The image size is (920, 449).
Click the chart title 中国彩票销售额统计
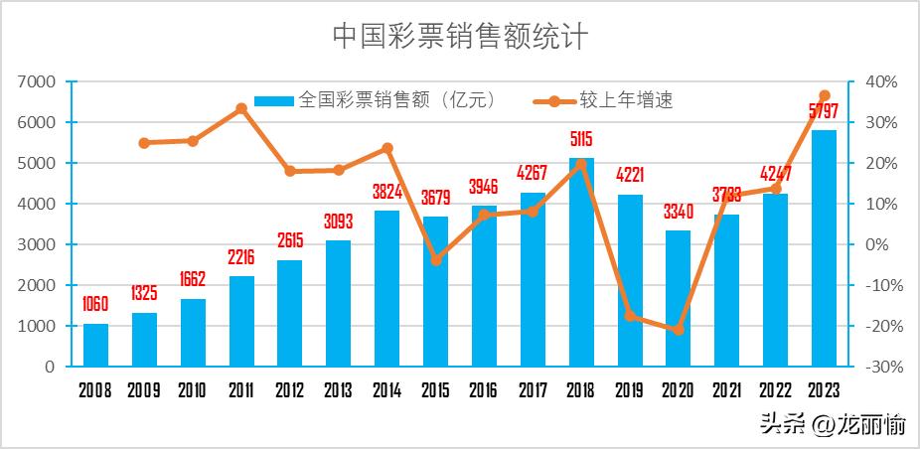(459, 37)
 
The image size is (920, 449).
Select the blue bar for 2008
(95, 345)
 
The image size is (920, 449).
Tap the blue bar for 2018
(581, 262)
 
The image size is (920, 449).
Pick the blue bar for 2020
(679, 298)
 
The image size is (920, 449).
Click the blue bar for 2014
(386, 288)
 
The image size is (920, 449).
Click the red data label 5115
(581, 139)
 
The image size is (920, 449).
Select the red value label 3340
(679, 212)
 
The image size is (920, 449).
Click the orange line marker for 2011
(241, 108)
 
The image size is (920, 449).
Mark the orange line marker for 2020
(679, 329)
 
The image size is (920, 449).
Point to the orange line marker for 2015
(435, 260)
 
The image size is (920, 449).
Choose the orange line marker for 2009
(144, 143)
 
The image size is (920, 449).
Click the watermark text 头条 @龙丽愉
(833, 425)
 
